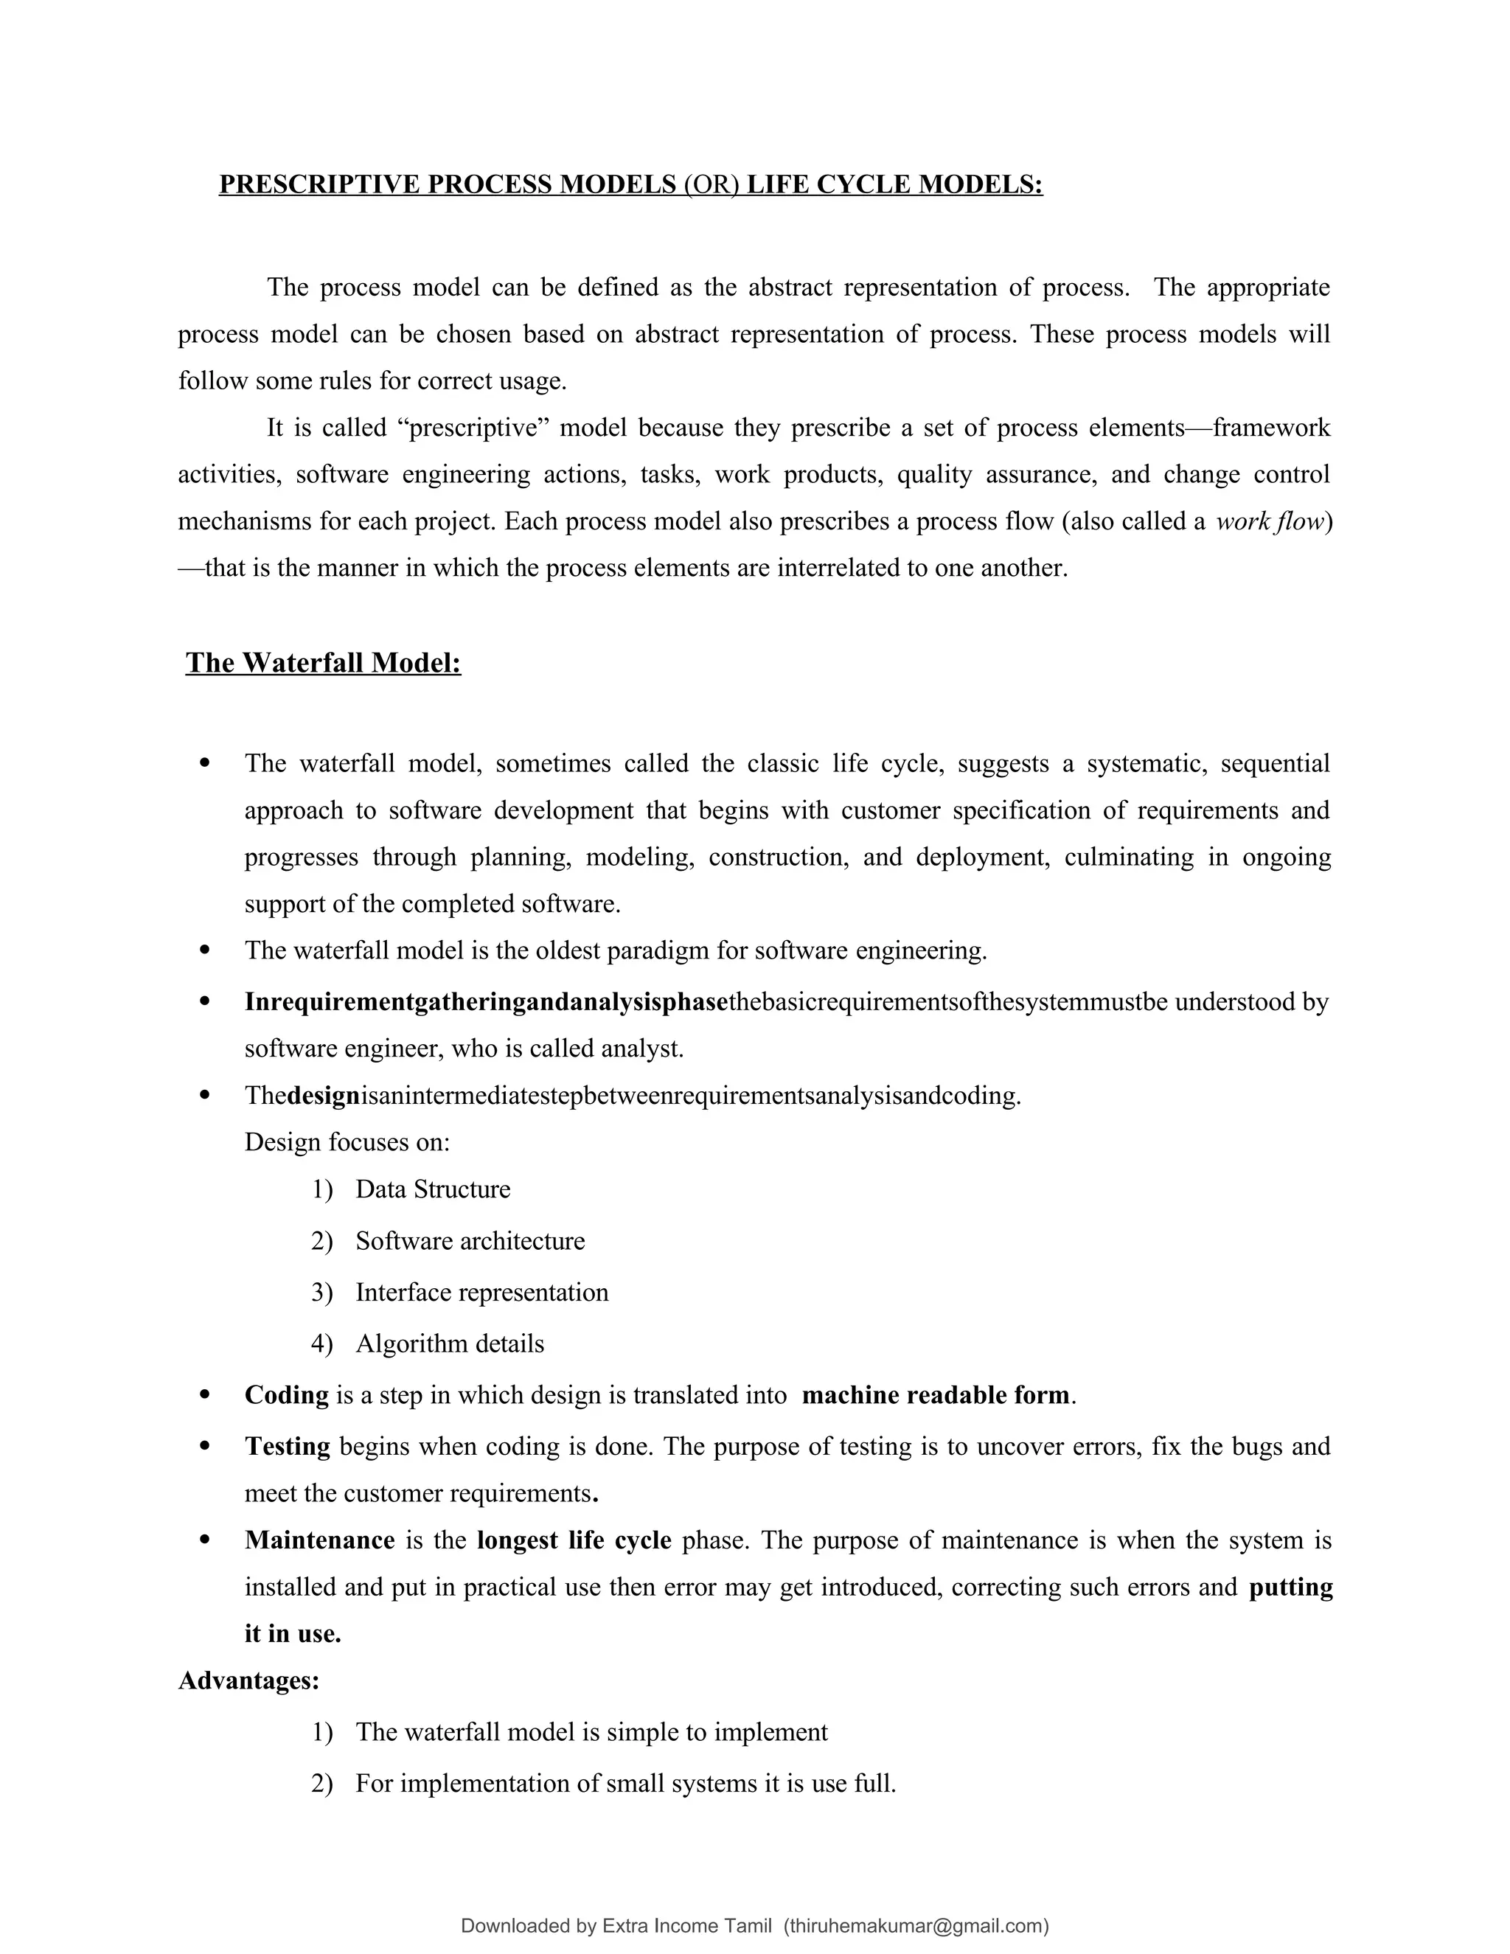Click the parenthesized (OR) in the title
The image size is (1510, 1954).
coord(711,184)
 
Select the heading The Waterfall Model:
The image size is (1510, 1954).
coord(323,663)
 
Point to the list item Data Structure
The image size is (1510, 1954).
coord(433,1189)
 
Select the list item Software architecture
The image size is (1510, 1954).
coord(470,1241)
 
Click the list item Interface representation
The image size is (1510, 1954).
coord(481,1292)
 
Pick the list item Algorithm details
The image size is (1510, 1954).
coord(449,1343)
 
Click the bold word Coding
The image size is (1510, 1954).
coord(286,1395)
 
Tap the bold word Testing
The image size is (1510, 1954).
coord(287,1447)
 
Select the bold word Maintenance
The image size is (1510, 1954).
coord(319,1540)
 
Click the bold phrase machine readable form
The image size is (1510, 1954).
coord(936,1395)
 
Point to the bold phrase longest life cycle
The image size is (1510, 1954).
coord(574,1540)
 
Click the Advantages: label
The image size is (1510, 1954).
coord(248,1680)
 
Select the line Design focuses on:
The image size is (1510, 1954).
coord(347,1142)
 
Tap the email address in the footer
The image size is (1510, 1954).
coord(915,1926)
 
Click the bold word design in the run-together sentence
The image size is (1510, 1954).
coord(323,1096)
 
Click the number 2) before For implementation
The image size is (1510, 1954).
coord(322,1783)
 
